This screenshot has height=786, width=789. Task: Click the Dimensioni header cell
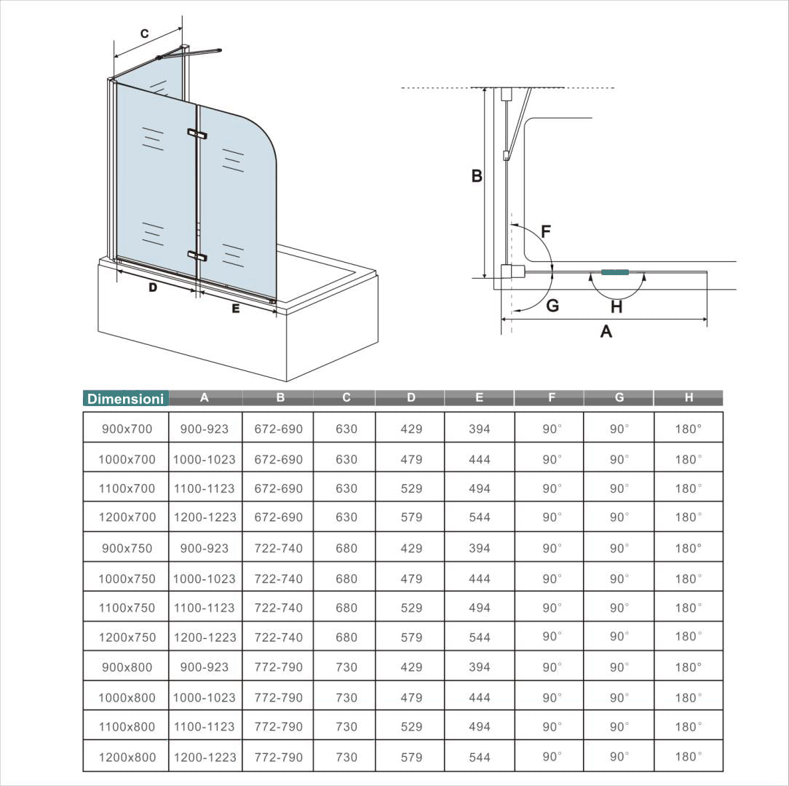pos(125,399)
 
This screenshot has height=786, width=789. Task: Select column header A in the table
pos(205,397)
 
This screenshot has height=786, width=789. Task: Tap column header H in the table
pos(688,397)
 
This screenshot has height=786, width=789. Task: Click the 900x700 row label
pos(127,429)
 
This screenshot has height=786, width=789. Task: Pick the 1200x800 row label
pos(127,757)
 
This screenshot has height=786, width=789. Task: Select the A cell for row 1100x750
pos(205,608)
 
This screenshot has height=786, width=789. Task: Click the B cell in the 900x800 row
pos(278,667)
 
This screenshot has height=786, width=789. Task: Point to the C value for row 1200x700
pos(346,517)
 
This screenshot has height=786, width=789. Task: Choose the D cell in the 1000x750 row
pos(411,579)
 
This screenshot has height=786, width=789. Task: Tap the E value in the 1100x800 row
pos(479,726)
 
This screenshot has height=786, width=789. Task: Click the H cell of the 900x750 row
pos(688,548)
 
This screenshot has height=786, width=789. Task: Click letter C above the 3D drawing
pos(144,33)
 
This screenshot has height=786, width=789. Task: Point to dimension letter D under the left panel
pos(153,287)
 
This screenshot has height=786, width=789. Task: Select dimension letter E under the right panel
pos(235,309)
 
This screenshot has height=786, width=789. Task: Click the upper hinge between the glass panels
pos(197,134)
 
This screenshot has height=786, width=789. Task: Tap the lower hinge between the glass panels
pos(197,255)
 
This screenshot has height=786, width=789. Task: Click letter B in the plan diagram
pos(477,175)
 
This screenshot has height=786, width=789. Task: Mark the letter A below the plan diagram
pos(606,332)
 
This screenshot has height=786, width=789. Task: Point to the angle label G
pos(552,306)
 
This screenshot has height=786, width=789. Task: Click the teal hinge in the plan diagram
pos(615,272)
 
